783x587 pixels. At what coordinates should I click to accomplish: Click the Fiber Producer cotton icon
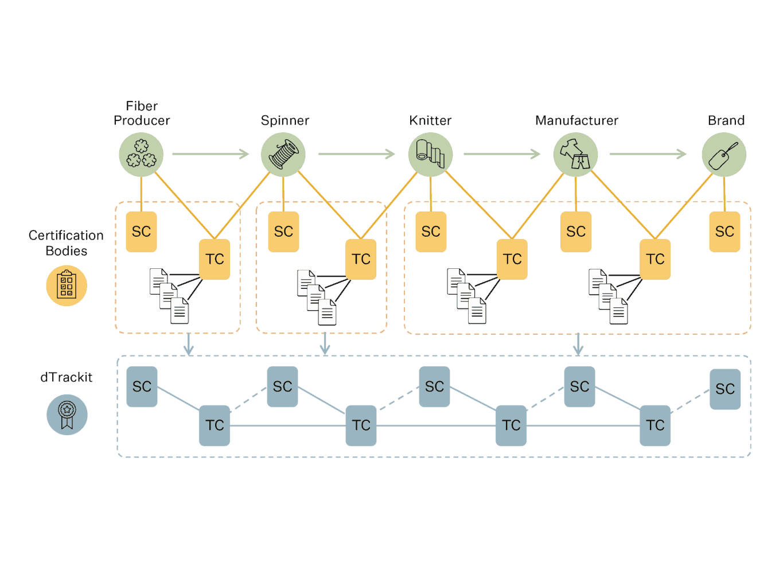[141, 155]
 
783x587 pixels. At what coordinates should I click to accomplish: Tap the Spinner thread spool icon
[283, 155]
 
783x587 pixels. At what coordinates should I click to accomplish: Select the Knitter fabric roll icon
[430, 155]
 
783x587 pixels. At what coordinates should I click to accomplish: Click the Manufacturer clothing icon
[575, 155]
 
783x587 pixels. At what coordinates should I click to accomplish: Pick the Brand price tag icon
[724, 155]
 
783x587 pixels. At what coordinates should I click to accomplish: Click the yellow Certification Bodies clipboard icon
[67, 285]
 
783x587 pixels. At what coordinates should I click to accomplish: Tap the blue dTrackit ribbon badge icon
[67, 414]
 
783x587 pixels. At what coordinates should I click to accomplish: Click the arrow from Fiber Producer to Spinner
[211, 154]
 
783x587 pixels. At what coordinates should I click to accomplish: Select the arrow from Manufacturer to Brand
[648, 154]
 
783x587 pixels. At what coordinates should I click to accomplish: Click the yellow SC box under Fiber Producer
[141, 232]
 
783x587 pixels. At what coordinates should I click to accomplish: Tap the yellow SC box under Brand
[724, 232]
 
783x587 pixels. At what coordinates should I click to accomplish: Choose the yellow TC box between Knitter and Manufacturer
[512, 259]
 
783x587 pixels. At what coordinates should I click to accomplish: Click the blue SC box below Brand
[725, 389]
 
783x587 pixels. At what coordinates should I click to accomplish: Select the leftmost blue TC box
[215, 425]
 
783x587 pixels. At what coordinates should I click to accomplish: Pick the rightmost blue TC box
[655, 425]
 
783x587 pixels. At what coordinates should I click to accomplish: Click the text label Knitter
[430, 120]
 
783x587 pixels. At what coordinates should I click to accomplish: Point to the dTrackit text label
[67, 377]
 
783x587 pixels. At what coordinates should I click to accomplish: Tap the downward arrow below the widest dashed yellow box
[578, 344]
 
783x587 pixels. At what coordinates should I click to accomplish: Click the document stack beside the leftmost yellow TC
[169, 296]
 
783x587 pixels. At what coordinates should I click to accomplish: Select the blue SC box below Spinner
[282, 387]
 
